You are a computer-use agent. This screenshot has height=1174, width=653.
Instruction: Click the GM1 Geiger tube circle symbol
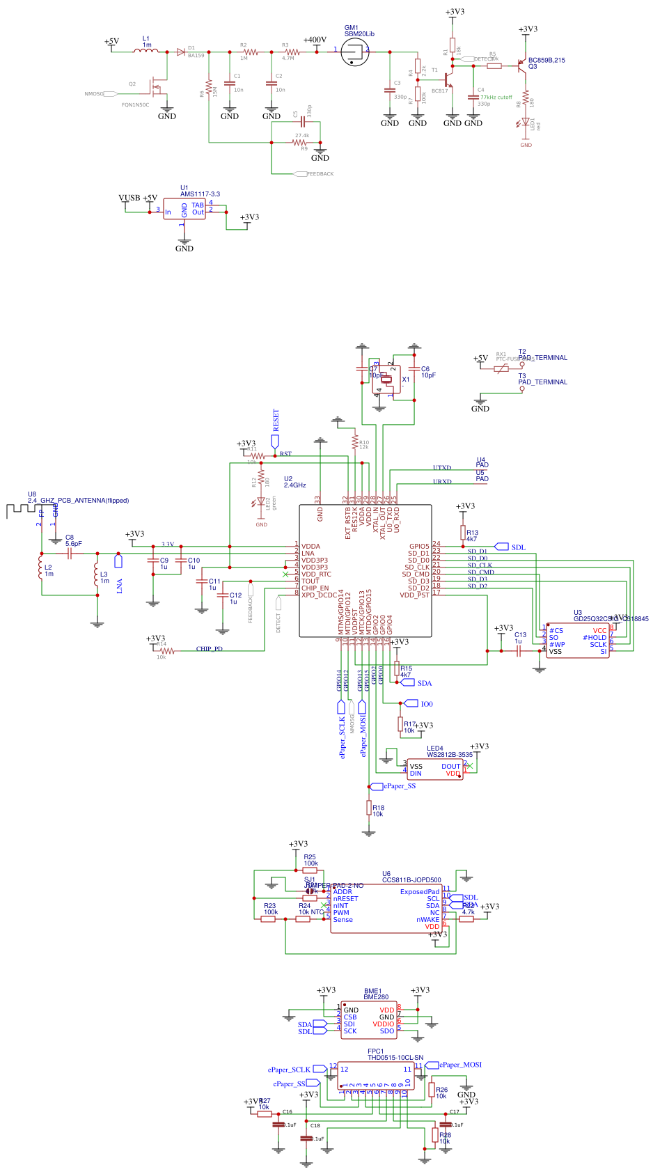tap(355, 52)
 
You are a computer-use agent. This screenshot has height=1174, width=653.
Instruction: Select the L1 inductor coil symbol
tap(146, 51)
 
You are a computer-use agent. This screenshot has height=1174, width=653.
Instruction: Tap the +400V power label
tap(315, 40)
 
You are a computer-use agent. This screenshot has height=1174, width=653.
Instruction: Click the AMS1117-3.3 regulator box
tap(184, 209)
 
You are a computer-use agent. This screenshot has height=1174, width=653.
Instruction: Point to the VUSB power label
tap(129, 198)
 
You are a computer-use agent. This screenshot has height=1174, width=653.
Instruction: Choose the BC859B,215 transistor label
tap(546, 61)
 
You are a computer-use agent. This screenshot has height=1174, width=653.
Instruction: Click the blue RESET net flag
tap(275, 441)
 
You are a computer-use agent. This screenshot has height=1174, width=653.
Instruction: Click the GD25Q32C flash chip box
tap(578, 641)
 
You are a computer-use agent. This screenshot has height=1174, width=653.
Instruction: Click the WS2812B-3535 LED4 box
tap(435, 769)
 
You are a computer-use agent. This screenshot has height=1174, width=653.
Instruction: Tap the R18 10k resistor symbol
tap(369, 808)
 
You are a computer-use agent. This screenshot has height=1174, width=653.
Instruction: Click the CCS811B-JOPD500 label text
tap(411, 880)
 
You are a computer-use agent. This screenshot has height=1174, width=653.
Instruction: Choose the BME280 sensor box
tap(369, 1020)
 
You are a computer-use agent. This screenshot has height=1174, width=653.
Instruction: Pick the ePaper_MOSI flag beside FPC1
tap(459, 1065)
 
